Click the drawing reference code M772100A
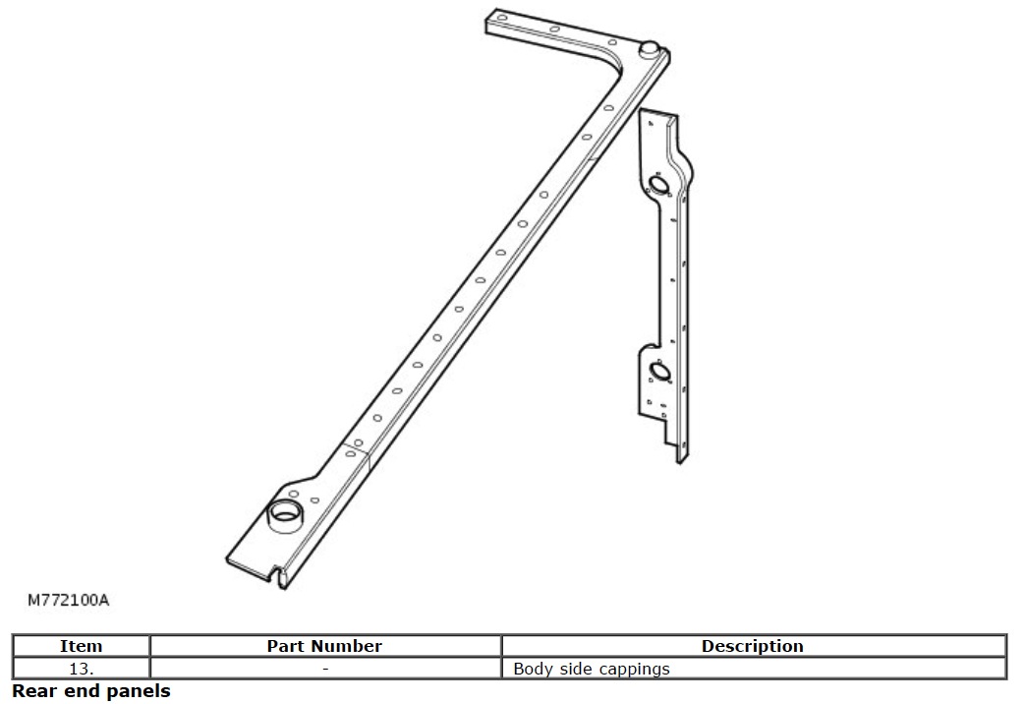[x=68, y=599]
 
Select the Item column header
[x=81, y=646]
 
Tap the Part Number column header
[x=324, y=646]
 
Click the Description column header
[x=752, y=646]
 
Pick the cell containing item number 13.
[x=81, y=669]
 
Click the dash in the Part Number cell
[x=324, y=669]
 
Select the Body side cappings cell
[x=592, y=669]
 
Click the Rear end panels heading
[x=91, y=691]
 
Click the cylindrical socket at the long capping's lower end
[x=286, y=513]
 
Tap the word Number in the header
[x=352, y=646]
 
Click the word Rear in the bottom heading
[x=32, y=691]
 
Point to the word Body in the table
[x=532, y=670]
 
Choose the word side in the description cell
[x=575, y=669]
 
